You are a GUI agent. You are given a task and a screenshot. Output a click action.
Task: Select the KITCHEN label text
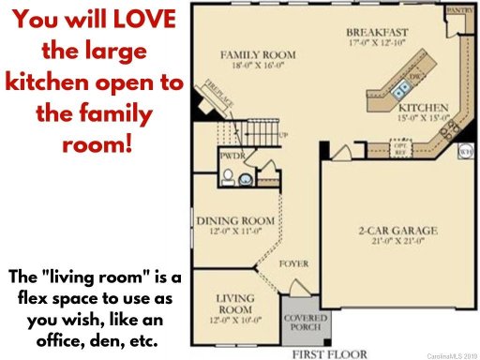click(424, 108)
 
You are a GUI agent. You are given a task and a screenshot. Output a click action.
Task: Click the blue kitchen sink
click(401, 91)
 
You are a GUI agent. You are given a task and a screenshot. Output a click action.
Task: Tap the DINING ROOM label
click(235, 221)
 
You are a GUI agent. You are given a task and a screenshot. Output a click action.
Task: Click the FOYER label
click(293, 264)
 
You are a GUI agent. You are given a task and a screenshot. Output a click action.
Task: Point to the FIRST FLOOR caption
click(325, 354)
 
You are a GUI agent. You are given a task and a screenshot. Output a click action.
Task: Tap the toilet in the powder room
click(242, 178)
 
